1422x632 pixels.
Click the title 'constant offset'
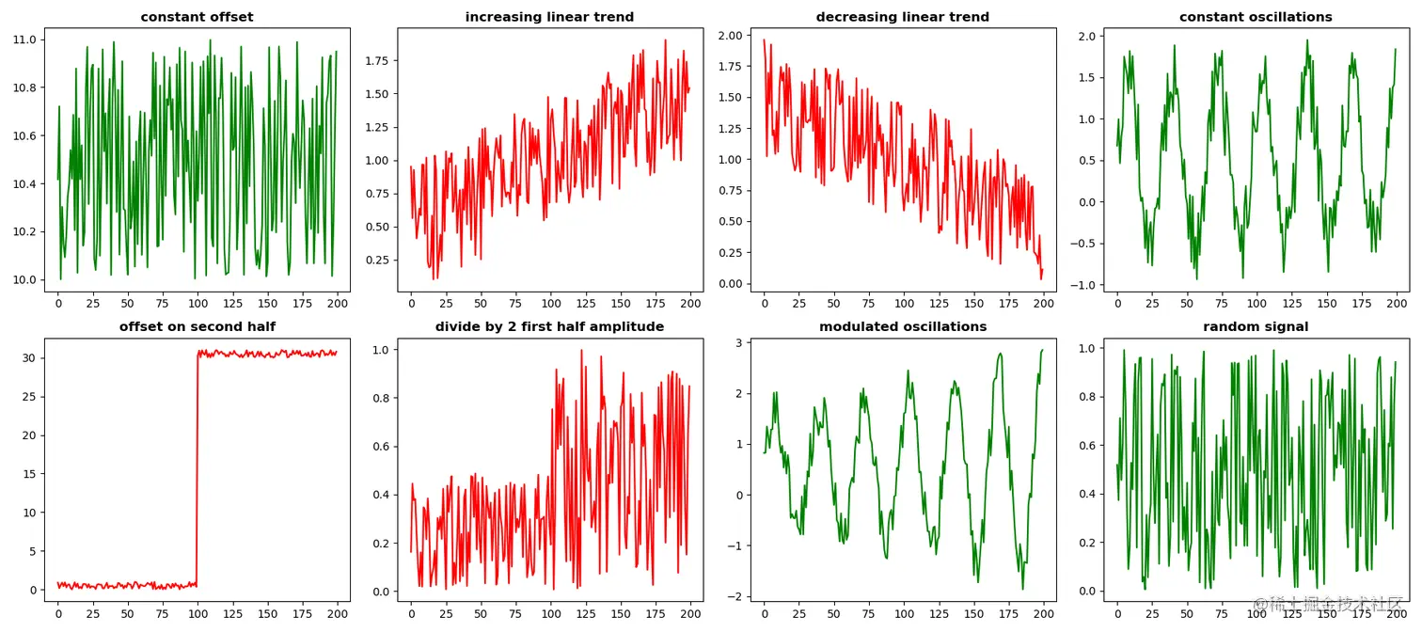coord(197,17)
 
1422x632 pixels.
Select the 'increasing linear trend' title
coord(549,17)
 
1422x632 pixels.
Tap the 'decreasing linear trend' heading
coord(903,17)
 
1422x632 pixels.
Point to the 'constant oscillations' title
coord(1256,17)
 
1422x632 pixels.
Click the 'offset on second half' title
coord(197,326)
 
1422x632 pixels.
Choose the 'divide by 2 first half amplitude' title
coord(549,326)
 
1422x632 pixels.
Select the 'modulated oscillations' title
coord(903,326)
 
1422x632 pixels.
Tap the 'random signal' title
coord(1256,326)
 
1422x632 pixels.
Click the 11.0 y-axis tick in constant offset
coord(24,39)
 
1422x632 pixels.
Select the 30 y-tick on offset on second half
coord(28,357)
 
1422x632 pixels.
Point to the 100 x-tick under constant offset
coord(197,304)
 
